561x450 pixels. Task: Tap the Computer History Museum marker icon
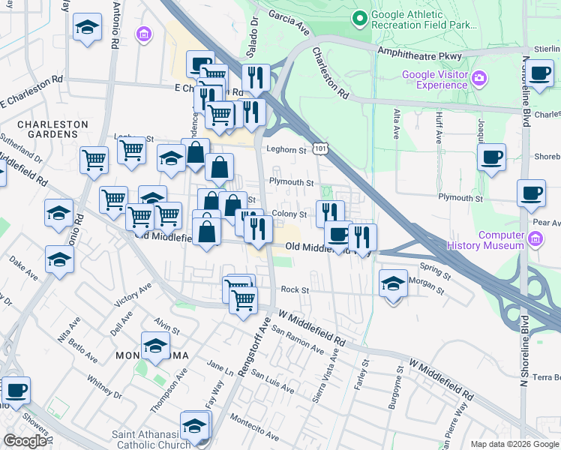pos(535,239)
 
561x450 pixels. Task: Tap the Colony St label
pos(289,214)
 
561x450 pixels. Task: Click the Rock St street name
pos(295,289)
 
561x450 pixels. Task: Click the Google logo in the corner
pos(25,440)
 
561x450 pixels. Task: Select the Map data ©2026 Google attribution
pos(514,444)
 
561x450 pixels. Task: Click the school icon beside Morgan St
pos(393,284)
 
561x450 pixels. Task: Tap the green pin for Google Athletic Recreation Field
pos(359,16)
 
